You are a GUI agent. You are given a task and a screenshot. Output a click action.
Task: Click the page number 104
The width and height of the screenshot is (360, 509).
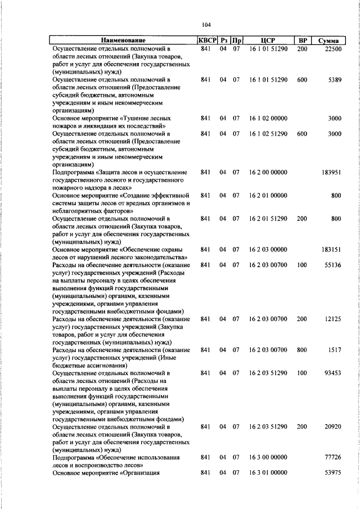(206, 24)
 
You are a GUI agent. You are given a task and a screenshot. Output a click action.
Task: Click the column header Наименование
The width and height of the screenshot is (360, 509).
(123, 40)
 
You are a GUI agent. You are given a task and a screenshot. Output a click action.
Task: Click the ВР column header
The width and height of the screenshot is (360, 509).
(303, 40)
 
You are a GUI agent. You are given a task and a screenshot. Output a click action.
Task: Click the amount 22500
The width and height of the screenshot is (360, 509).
(332, 49)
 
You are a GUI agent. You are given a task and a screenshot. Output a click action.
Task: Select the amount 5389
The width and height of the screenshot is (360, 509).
(334, 80)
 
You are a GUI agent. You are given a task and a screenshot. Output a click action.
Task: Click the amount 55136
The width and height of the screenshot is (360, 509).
(332, 264)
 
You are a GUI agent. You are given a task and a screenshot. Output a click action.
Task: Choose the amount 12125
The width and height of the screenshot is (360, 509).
(332, 319)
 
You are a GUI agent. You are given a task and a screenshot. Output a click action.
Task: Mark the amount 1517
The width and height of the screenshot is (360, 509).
(335, 350)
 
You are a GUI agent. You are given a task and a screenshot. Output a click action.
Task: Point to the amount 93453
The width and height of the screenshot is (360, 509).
(332, 373)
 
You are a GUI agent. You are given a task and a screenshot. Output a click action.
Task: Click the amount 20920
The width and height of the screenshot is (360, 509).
(332, 427)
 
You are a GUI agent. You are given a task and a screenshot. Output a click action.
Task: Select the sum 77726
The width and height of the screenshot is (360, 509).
(332, 458)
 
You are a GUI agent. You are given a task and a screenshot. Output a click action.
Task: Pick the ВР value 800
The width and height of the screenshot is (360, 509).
(302, 350)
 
